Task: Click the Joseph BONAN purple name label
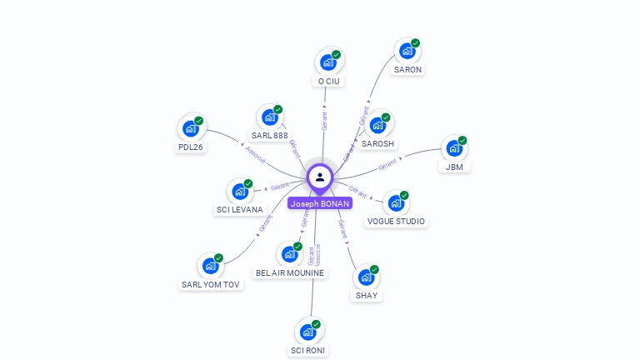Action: point(320,203)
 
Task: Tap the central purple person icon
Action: point(320,177)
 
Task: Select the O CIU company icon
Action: point(328,62)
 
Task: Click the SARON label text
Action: point(407,70)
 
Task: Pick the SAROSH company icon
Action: point(378,125)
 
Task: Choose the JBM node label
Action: point(454,167)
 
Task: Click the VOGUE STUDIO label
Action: point(396,222)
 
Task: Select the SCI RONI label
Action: point(307,351)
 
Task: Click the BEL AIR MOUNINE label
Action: point(290,272)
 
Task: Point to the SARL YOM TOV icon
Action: point(211,266)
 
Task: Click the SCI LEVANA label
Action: point(239,210)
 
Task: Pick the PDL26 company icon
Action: point(191,129)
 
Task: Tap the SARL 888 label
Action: point(269,135)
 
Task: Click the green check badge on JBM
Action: point(462,140)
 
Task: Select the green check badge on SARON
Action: point(415,43)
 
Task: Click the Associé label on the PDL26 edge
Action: point(256,154)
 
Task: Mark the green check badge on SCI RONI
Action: point(316,324)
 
